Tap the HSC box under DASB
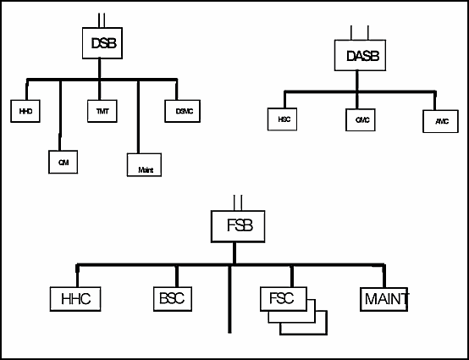click(x=283, y=121)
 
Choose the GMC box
click(x=363, y=121)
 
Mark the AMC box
click(x=440, y=121)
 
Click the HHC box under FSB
click(x=74, y=299)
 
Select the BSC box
click(x=174, y=299)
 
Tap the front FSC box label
click(x=282, y=300)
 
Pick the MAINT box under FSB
click(x=386, y=299)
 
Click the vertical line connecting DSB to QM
click(x=61, y=114)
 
